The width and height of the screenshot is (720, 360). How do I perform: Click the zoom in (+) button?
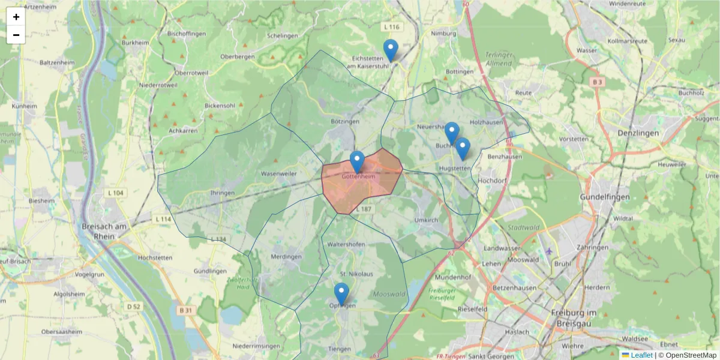click(x=16, y=17)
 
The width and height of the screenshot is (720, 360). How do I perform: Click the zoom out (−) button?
click(x=16, y=35)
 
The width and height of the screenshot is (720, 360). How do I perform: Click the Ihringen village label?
click(x=222, y=193)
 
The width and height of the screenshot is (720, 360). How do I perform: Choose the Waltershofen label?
click(x=345, y=244)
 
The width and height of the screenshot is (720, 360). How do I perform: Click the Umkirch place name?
click(x=426, y=220)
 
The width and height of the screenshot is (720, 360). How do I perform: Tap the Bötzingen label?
click(x=344, y=121)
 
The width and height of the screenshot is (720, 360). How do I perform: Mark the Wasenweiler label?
click(x=278, y=173)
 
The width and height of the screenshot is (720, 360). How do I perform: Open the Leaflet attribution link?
click(x=641, y=355)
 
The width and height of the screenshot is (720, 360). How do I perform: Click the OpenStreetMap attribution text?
click(x=687, y=355)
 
